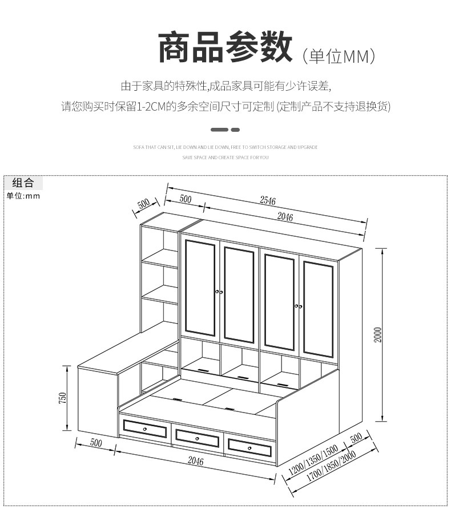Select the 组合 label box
click(23, 183)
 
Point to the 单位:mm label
click(23, 196)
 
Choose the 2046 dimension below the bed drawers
click(195, 462)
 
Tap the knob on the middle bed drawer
click(198, 439)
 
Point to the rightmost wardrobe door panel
click(318, 309)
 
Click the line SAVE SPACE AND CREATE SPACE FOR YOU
click(226, 157)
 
